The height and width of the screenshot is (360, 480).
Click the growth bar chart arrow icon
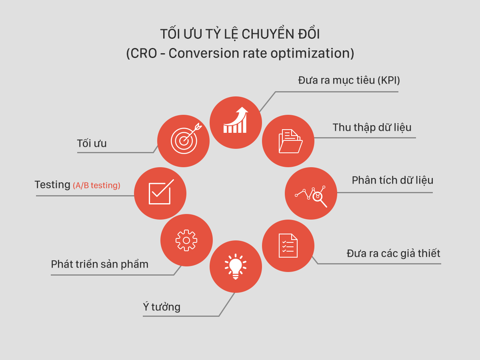(x=236, y=120)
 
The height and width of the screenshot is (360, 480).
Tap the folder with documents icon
(x=290, y=141)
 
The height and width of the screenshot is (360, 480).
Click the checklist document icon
(x=288, y=246)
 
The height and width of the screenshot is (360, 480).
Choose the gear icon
(x=186, y=240)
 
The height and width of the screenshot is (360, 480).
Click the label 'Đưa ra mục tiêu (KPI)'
(x=349, y=80)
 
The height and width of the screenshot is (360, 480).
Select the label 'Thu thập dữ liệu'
(x=372, y=128)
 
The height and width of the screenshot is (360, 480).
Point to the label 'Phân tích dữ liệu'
(x=392, y=180)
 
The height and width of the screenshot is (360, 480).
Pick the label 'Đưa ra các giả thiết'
(x=393, y=254)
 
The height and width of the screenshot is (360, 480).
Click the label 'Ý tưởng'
(x=162, y=307)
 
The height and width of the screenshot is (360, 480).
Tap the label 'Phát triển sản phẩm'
(x=100, y=264)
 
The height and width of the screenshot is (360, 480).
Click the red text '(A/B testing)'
(x=96, y=186)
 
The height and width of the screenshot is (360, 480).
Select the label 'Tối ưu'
(x=92, y=143)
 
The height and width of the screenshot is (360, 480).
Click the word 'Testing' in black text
(x=52, y=185)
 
